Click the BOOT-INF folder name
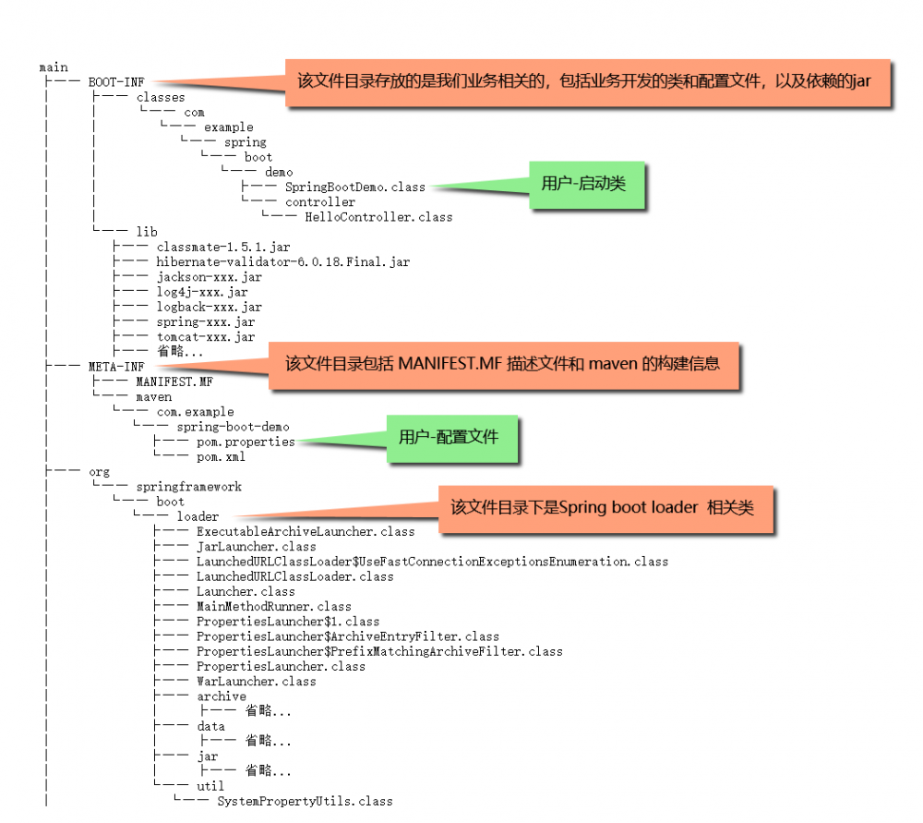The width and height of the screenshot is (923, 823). [116, 82]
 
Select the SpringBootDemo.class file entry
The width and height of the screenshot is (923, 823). [355, 187]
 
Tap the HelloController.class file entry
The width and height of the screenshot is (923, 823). [378, 217]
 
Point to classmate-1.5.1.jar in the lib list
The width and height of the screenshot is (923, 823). [223, 248]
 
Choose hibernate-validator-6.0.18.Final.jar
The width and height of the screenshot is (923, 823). [282, 262]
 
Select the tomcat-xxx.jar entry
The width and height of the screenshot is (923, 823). [205, 337]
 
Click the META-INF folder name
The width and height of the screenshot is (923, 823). [116, 367]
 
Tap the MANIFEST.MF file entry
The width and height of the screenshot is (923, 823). [174, 381]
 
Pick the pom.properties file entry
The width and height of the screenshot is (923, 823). [246, 442]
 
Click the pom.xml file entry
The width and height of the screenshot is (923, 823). [222, 456]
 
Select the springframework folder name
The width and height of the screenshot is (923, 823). [189, 487]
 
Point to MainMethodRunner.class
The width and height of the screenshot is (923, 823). [274, 607]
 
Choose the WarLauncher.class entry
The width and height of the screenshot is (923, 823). [257, 682]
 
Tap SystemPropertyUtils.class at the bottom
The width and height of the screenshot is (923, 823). [305, 801]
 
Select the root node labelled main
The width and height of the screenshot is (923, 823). [54, 67]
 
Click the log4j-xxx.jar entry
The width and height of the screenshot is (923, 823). [202, 292]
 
